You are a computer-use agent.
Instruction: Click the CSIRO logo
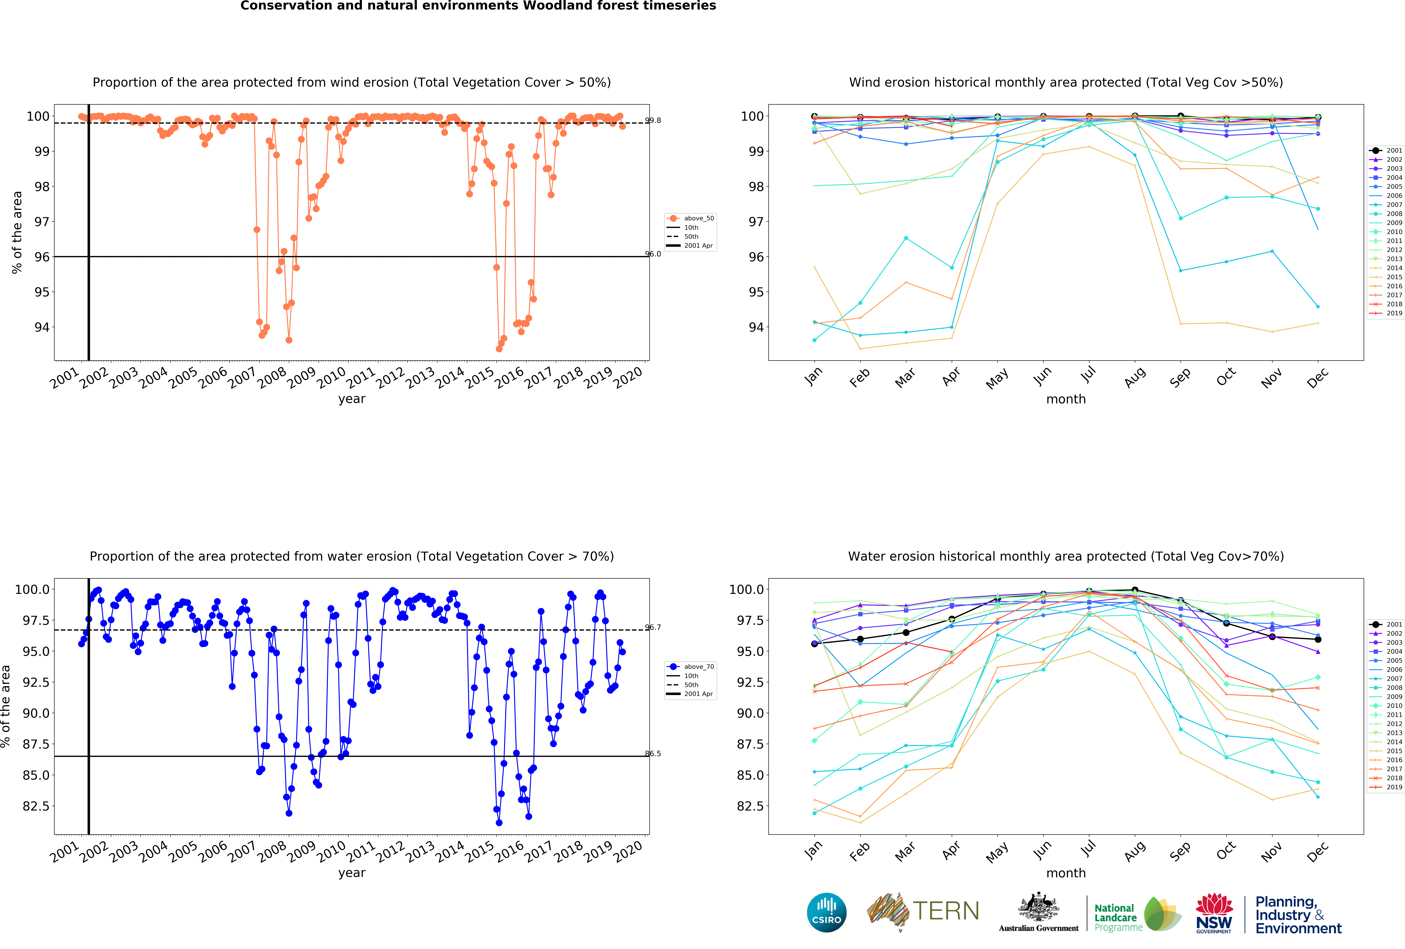826,912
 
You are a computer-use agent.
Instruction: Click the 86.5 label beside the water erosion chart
653,754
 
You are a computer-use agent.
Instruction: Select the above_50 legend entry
698,218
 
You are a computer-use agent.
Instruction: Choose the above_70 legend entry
698,667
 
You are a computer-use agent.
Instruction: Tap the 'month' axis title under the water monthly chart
1066,873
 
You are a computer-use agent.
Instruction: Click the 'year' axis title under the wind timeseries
352,399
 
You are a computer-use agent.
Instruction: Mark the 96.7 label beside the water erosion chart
653,627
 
